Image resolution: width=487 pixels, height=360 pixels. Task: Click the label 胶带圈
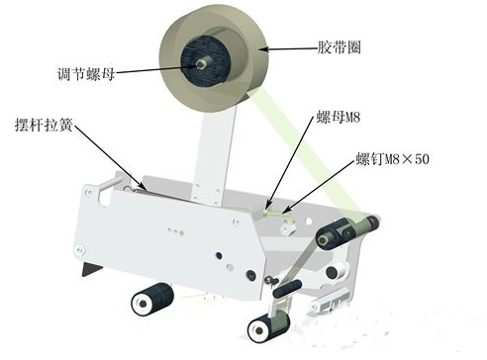(x=339, y=47)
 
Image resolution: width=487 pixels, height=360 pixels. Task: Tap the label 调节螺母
(x=86, y=73)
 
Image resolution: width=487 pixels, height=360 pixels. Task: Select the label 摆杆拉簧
(x=44, y=125)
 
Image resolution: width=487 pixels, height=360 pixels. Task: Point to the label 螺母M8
(x=338, y=117)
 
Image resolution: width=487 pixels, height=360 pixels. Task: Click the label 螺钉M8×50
(x=392, y=159)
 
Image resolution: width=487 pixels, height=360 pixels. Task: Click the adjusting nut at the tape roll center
(x=200, y=63)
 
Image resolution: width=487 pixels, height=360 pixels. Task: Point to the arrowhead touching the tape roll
(x=263, y=49)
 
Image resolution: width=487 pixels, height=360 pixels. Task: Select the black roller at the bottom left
(x=152, y=300)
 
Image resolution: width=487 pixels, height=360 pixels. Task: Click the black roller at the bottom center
(x=268, y=326)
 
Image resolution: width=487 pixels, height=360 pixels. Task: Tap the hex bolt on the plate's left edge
(x=80, y=250)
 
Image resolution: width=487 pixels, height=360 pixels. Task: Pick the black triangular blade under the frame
(x=91, y=269)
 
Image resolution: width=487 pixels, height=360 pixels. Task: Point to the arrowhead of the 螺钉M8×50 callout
(x=286, y=210)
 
